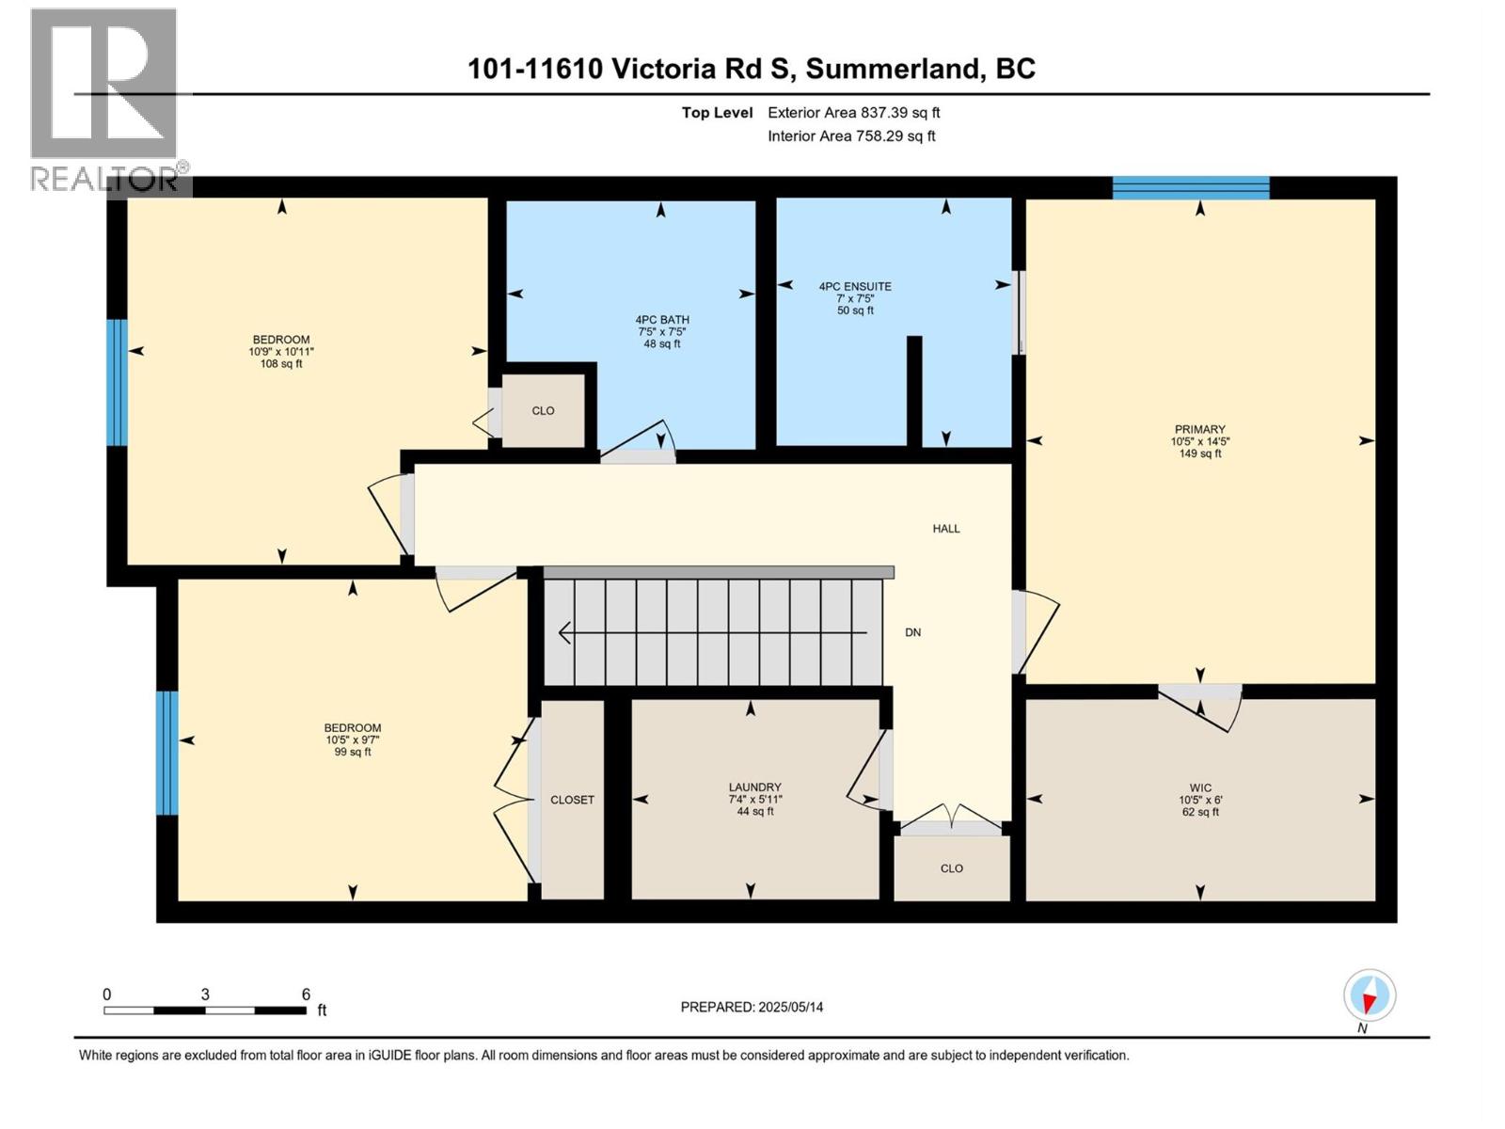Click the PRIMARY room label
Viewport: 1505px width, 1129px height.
click(1199, 429)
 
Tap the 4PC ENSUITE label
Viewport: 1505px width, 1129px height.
click(854, 286)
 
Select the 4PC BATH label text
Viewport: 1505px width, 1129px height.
click(662, 320)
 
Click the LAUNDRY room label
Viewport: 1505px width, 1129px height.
click(754, 787)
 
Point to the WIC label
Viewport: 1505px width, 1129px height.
click(1199, 787)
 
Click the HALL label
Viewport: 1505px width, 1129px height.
click(945, 529)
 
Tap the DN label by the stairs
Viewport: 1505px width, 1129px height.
click(912, 632)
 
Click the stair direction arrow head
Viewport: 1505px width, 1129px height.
click(564, 633)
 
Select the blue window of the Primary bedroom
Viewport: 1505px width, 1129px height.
click(1190, 187)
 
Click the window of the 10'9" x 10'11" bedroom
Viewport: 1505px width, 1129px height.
click(116, 382)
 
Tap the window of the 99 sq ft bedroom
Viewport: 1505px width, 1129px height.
click(166, 753)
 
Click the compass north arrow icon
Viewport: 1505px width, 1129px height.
click(1369, 995)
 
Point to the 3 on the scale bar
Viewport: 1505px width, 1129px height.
click(204, 994)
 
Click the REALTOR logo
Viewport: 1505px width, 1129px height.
click(103, 99)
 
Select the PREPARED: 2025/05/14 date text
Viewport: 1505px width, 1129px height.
click(752, 1007)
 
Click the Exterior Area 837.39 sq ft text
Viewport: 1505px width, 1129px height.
click(853, 113)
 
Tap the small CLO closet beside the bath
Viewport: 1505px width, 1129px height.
click(543, 411)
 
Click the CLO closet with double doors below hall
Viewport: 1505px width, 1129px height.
click(951, 868)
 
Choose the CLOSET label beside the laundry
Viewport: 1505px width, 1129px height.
click(572, 800)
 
